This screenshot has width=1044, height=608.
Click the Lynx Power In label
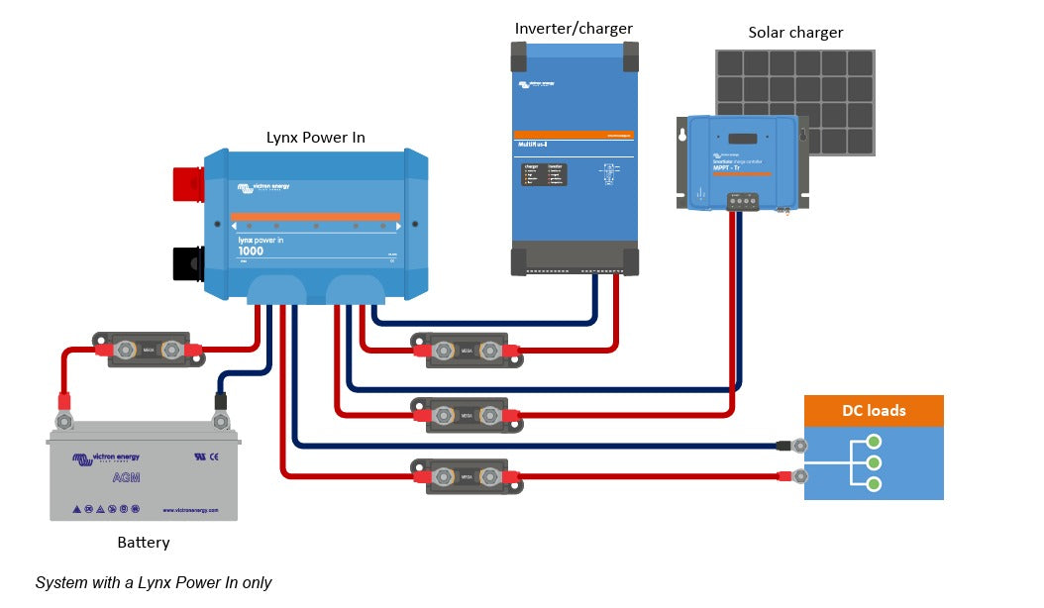(x=315, y=138)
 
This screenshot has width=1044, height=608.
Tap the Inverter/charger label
(x=574, y=28)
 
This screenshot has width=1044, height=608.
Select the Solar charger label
(x=795, y=33)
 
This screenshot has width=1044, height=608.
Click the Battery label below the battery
(x=144, y=543)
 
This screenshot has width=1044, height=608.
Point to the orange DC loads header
(x=874, y=411)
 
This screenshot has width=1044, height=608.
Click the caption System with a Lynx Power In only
(x=154, y=583)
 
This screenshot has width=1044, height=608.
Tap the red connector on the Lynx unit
(x=188, y=185)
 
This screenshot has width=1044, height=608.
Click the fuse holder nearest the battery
(x=149, y=349)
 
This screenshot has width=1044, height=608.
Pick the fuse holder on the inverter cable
(x=467, y=350)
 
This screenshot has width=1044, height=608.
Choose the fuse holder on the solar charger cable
(x=467, y=415)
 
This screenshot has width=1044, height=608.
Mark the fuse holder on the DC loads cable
(x=467, y=476)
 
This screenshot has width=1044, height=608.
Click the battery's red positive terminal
(x=64, y=418)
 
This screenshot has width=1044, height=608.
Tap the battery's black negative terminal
(x=222, y=418)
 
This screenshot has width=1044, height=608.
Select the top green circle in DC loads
(x=874, y=442)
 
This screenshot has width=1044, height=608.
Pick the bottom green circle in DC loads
(x=874, y=484)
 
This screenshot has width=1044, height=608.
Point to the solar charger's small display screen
(x=744, y=140)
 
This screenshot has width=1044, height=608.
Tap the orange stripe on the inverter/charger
(x=574, y=134)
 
